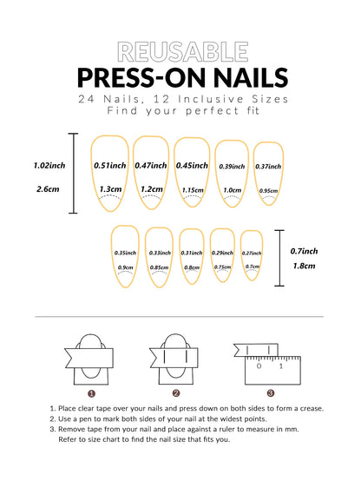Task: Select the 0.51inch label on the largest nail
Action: pos(109,165)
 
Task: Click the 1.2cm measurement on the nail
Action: pos(151,188)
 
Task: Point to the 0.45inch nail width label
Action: pos(191,165)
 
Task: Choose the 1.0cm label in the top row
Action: pos(232,190)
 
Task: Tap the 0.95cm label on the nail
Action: pos(269,191)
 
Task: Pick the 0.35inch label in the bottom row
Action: pos(125,253)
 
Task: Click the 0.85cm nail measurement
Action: pos(159,267)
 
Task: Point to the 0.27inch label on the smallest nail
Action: pos(252,253)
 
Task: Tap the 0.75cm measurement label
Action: pos(222,267)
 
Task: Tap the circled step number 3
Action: pos(270,392)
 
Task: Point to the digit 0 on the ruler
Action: pos(259,366)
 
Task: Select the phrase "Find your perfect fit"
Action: pos(180,111)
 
